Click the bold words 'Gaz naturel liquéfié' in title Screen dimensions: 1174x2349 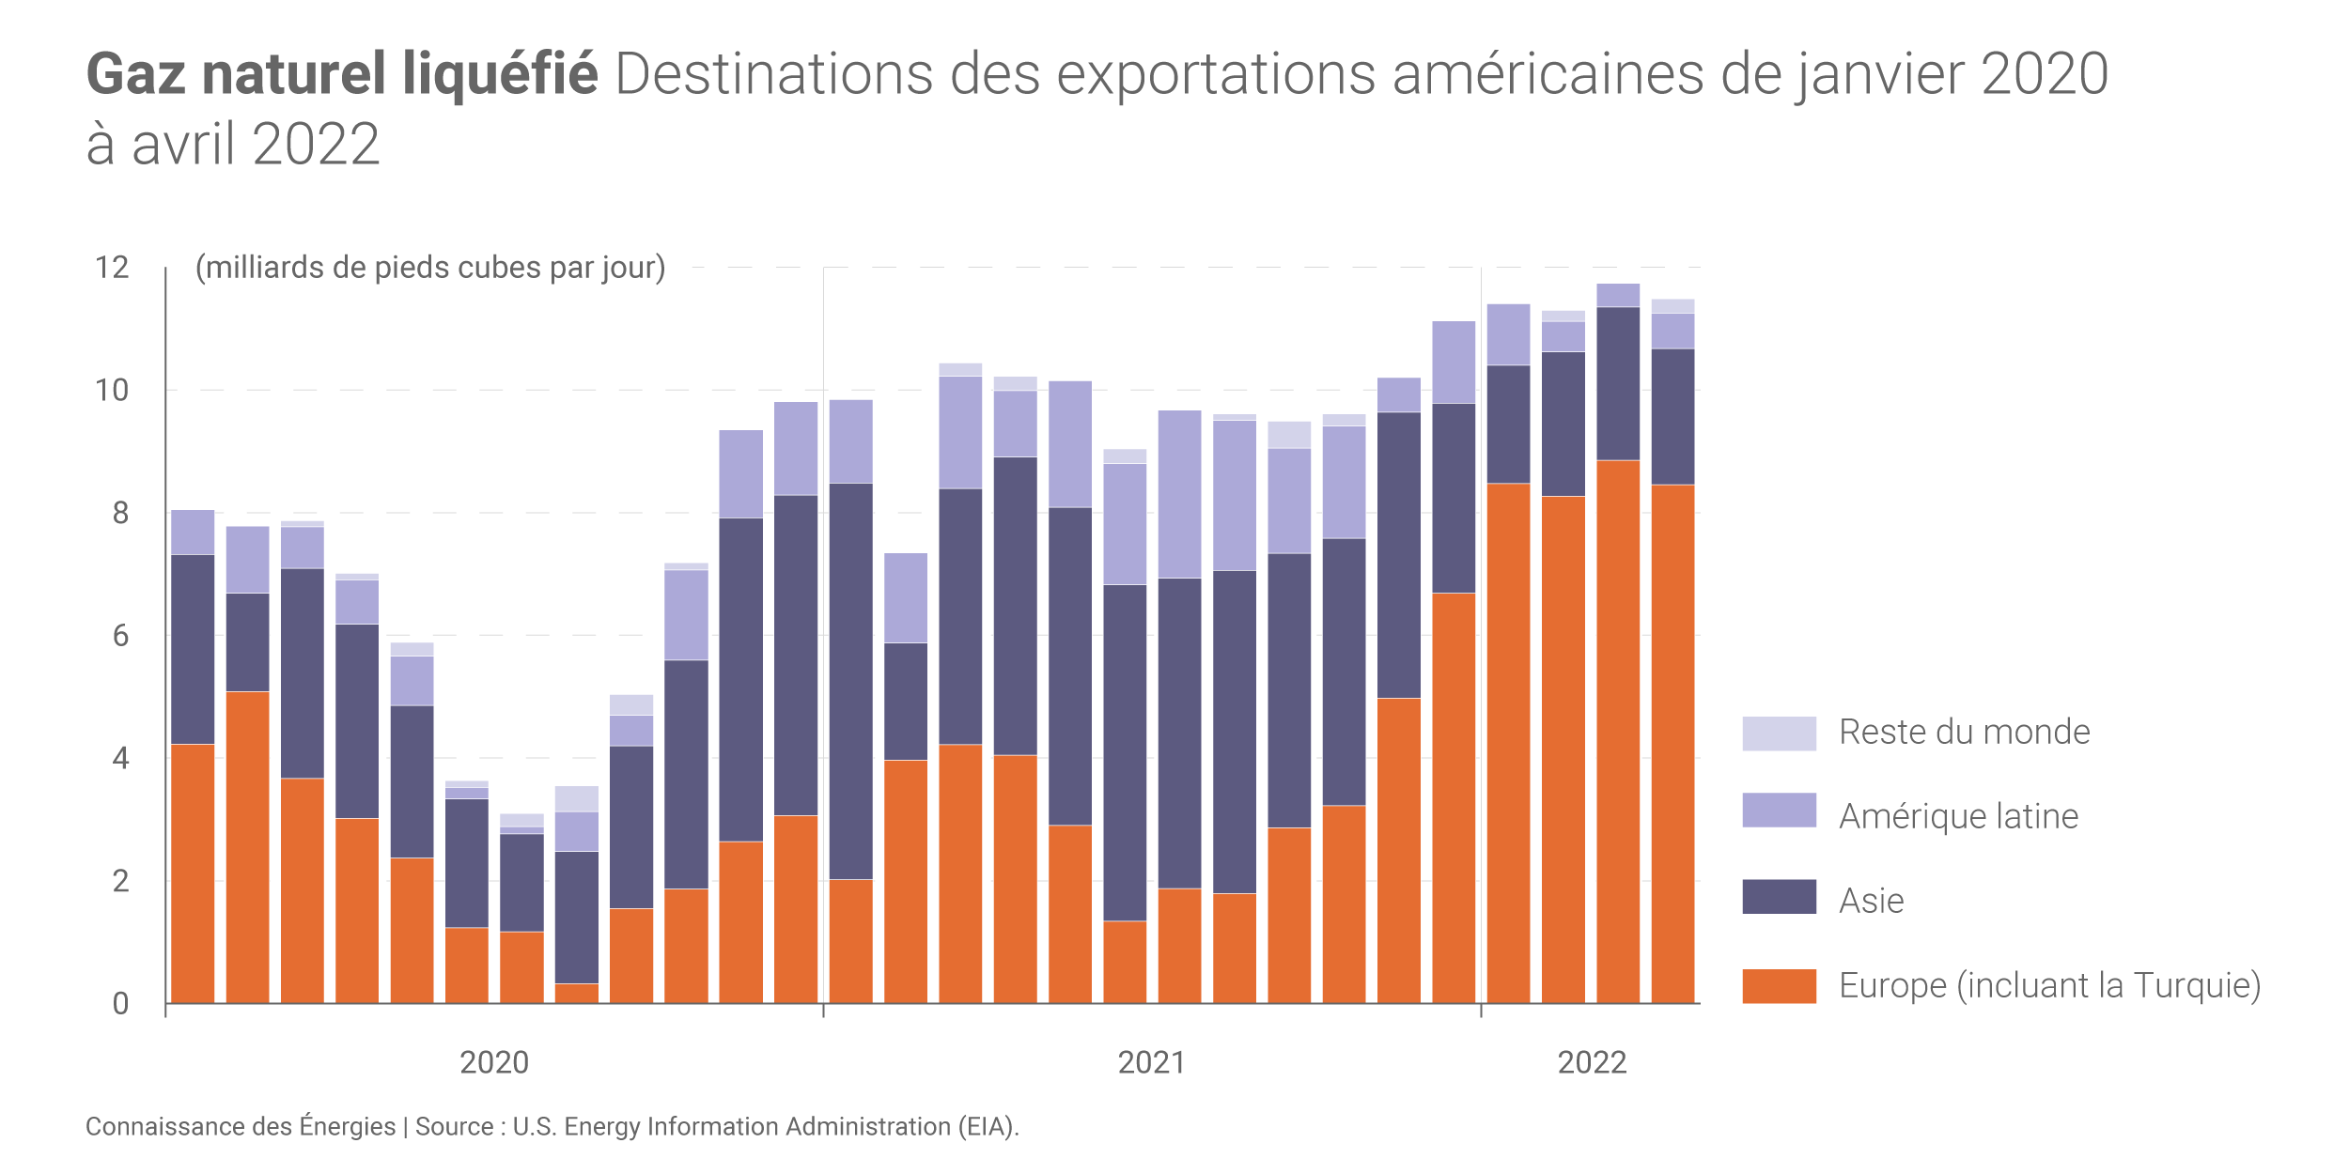(x=342, y=75)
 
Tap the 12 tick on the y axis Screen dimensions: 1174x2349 (x=112, y=268)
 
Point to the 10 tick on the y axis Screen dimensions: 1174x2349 (x=112, y=391)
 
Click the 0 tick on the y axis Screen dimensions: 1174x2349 (x=120, y=1004)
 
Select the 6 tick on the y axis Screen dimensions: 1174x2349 (x=120, y=636)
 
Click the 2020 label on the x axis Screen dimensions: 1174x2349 (x=494, y=1062)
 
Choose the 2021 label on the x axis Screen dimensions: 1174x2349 (x=1152, y=1062)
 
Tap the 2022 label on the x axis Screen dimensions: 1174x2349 (x=1592, y=1062)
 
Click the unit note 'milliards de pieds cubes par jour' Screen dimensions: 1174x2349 (x=430, y=268)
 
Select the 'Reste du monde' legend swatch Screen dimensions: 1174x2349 (x=1779, y=734)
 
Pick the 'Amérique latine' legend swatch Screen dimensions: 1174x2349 (x=1779, y=811)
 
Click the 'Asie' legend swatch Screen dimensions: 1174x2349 (x=1779, y=897)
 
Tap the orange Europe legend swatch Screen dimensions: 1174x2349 (x=1779, y=986)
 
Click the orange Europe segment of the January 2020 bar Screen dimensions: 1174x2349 (x=193, y=873)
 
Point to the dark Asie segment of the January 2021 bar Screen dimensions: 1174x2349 (x=850, y=681)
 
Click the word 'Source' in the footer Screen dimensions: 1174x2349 (x=454, y=1126)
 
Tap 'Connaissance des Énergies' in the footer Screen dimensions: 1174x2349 (x=241, y=1126)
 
